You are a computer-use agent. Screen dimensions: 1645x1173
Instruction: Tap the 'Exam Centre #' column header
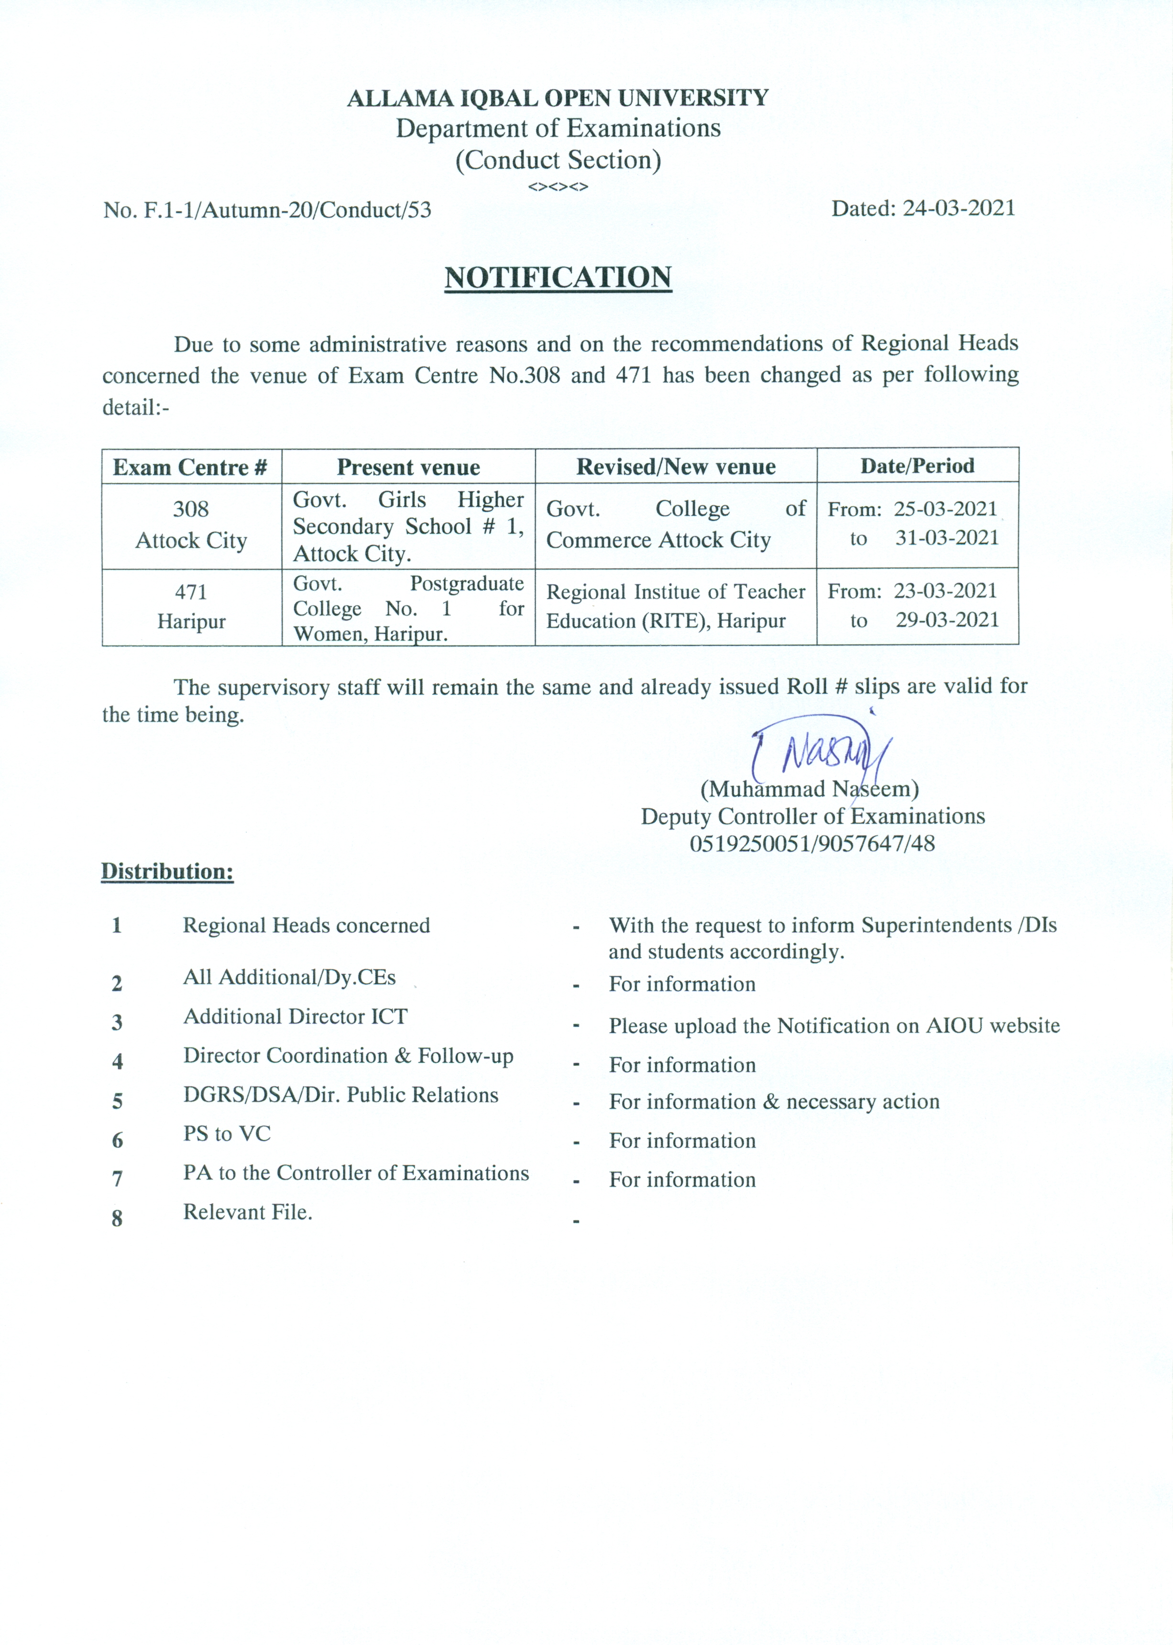pyautogui.click(x=191, y=467)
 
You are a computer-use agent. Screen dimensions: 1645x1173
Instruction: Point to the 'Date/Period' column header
pyautogui.click(x=917, y=466)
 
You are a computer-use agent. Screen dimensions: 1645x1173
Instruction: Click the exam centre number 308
pyautogui.click(x=191, y=509)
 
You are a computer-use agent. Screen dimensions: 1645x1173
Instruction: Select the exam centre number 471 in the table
pyautogui.click(x=191, y=592)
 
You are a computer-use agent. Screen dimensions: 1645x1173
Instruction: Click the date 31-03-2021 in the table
pyautogui.click(x=946, y=538)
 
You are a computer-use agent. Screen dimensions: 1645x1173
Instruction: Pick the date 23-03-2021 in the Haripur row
pyautogui.click(x=945, y=591)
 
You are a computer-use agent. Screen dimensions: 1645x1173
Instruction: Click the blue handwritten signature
pyautogui.click(x=823, y=751)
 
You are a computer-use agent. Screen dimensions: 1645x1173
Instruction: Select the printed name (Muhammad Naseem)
pyautogui.click(x=809, y=789)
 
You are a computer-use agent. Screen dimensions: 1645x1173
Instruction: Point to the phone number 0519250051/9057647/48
pyautogui.click(x=812, y=843)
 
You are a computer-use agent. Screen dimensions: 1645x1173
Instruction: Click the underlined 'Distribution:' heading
pyautogui.click(x=167, y=872)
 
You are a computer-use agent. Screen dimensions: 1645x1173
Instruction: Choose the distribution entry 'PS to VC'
pyautogui.click(x=227, y=1134)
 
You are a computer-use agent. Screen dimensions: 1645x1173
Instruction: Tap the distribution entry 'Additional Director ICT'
pyautogui.click(x=296, y=1017)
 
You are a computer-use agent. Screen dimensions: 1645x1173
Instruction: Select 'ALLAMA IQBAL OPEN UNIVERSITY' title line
pyautogui.click(x=558, y=98)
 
